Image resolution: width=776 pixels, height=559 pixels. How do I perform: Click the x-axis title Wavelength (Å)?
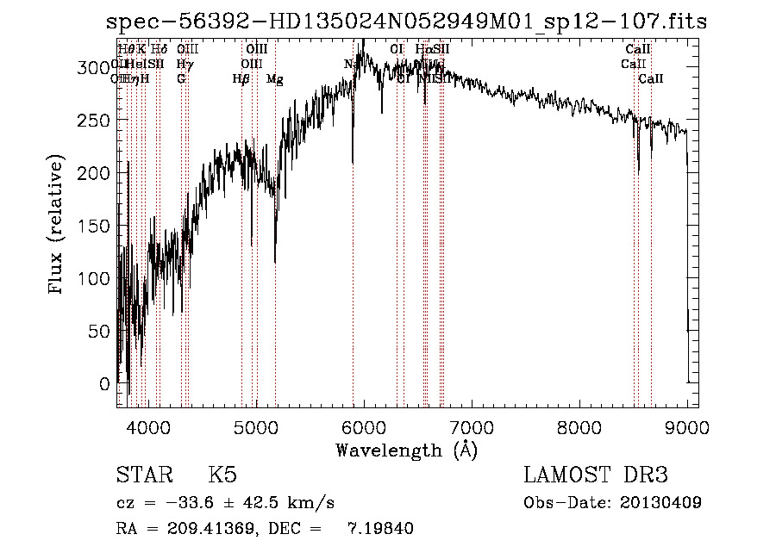click(x=406, y=449)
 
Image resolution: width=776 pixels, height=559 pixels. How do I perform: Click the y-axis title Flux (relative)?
click(x=57, y=227)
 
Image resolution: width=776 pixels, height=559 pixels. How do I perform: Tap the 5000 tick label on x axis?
click(x=256, y=425)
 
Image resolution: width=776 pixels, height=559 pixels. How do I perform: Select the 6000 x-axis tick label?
click(x=364, y=425)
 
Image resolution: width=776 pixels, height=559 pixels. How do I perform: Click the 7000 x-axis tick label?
click(x=472, y=425)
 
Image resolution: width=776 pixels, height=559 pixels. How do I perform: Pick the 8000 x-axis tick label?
click(x=579, y=425)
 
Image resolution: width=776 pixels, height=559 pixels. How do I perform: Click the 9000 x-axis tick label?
click(x=687, y=425)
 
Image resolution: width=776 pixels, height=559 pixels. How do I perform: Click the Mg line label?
click(x=274, y=79)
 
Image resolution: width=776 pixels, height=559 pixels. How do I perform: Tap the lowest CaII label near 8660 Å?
click(x=651, y=79)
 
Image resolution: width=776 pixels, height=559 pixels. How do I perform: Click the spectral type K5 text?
click(x=222, y=475)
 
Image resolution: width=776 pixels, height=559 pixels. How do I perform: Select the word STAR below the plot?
click(x=143, y=475)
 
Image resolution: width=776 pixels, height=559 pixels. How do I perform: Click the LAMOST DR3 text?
click(x=596, y=475)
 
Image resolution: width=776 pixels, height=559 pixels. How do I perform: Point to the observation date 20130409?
click(x=666, y=502)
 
